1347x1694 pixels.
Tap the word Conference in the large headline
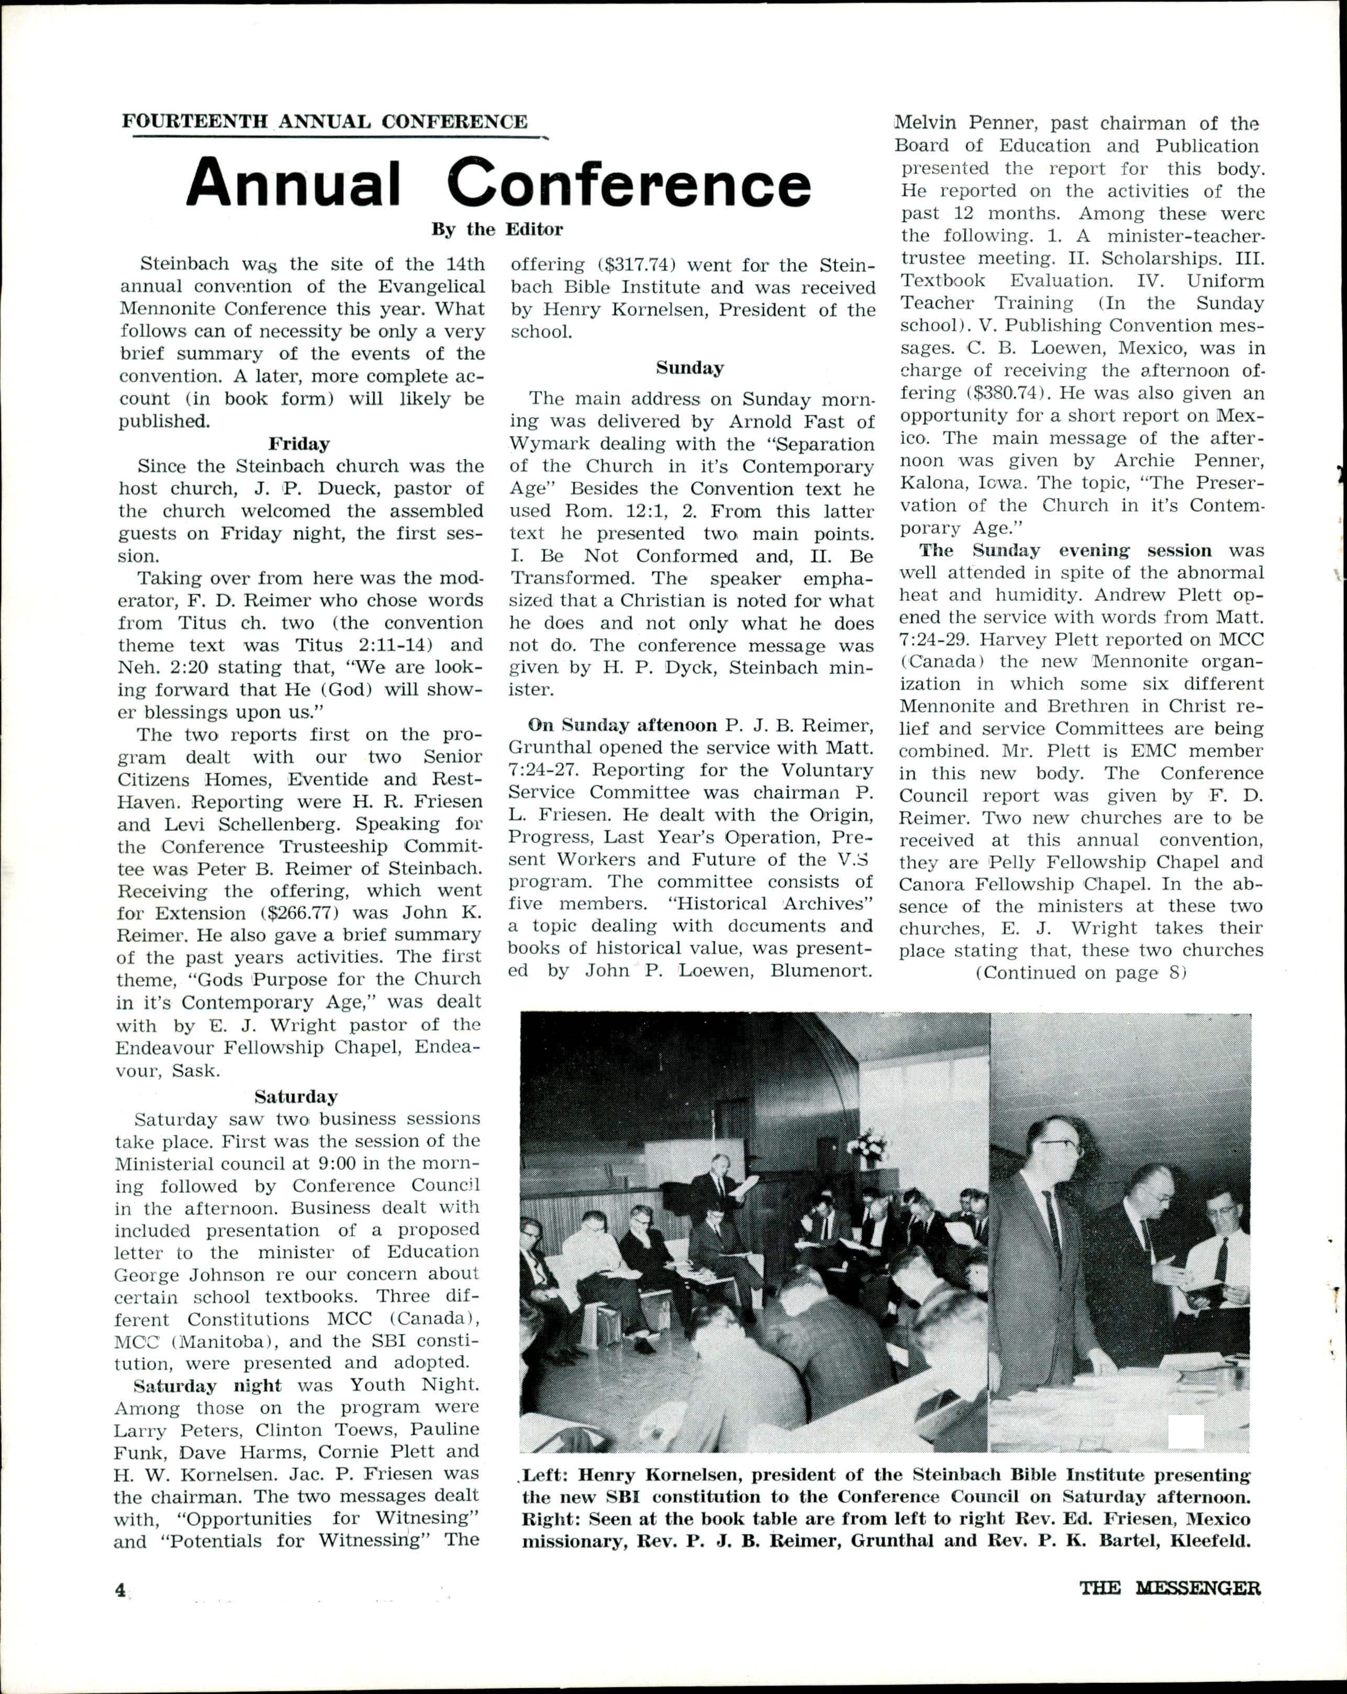click(x=629, y=183)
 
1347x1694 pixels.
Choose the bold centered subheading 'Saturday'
click(x=296, y=1095)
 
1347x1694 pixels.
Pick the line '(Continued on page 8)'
click(x=1080, y=973)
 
